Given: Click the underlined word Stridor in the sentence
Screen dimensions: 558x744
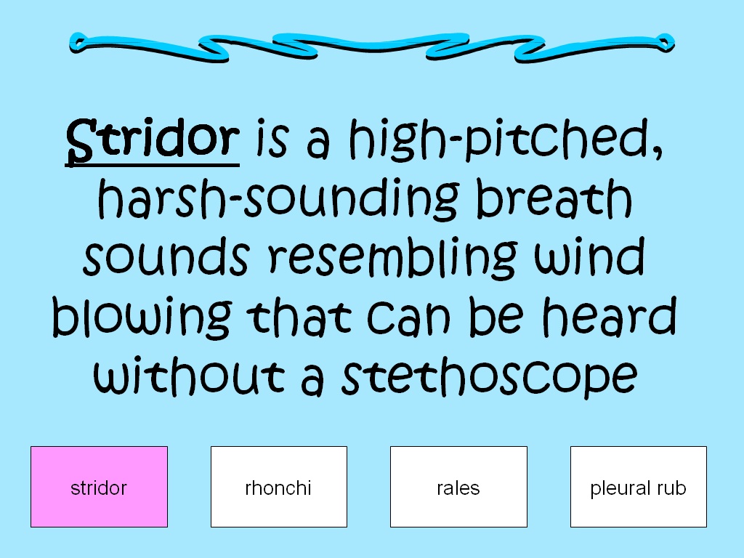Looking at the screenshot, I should point(153,139).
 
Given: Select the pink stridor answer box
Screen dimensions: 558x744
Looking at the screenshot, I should point(99,487).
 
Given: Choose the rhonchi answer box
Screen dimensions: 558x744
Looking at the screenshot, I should point(278,487).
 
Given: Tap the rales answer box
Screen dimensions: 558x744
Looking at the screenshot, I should point(458,487).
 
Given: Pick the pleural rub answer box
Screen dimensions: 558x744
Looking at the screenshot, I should point(638,487).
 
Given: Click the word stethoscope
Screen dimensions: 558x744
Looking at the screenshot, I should point(489,377).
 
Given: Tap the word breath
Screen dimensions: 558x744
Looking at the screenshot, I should point(554,198).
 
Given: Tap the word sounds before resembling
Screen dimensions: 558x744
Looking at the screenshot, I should point(166,257).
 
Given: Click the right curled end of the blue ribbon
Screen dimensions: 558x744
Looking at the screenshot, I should point(663,41).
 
